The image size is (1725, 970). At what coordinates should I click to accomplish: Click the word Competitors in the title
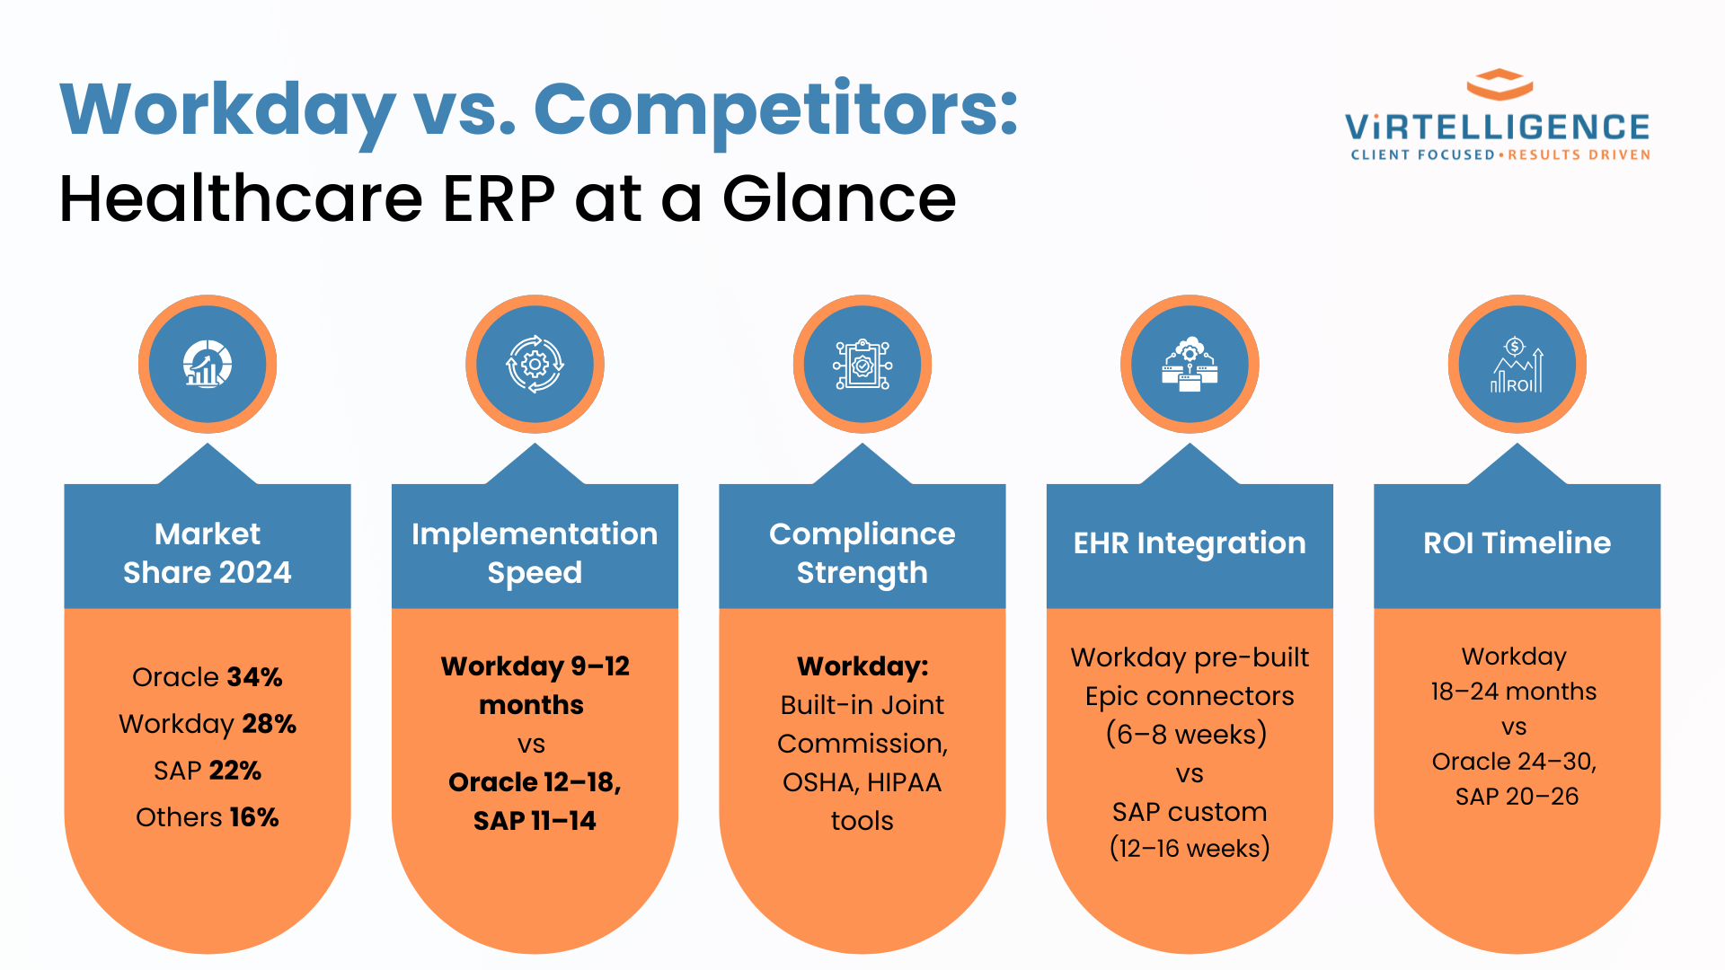click(774, 110)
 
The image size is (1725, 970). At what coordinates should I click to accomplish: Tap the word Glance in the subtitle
click(839, 199)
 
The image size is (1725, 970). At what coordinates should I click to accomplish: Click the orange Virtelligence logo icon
click(1499, 84)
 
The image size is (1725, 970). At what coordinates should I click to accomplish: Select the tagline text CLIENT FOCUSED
click(1422, 154)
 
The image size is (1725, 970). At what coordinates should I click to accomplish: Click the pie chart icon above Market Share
click(208, 364)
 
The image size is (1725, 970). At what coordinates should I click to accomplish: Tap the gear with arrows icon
click(535, 364)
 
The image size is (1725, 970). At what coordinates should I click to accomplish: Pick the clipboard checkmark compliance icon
click(862, 364)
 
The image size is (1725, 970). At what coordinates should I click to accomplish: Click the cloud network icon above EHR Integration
click(1190, 364)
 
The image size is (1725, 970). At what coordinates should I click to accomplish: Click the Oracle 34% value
click(208, 676)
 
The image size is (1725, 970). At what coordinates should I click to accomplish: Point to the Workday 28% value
click(208, 723)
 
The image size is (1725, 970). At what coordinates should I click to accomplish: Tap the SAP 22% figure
click(208, 770)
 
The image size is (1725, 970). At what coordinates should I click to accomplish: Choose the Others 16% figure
click(208, 816)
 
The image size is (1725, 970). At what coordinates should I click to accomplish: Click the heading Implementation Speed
click(535, 552)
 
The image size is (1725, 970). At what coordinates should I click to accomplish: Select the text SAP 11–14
click(535, 820)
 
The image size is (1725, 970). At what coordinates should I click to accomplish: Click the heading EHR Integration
click(1190, 542)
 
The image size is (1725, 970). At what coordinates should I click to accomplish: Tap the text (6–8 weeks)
click(1186, 734)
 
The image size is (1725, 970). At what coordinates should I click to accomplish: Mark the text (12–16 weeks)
click(1190, 848)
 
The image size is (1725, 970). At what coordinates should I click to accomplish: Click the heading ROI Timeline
click(1517, 542)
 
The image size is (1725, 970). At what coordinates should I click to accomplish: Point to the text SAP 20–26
click(1517, 796)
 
